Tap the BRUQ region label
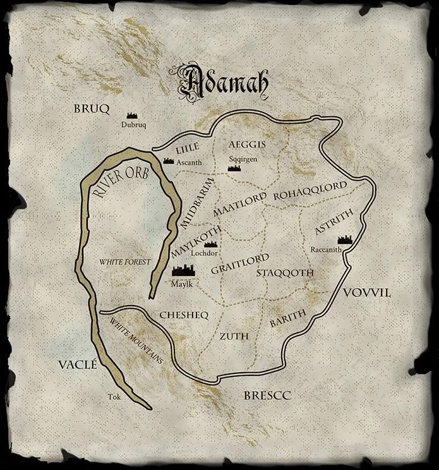click(92, 109)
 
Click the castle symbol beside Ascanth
click(169, 161)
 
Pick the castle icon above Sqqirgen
click(234, 169)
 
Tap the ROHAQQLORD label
click(310, 191)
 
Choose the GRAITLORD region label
click(240, 264)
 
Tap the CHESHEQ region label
click(184, 314)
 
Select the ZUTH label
click(234, 336)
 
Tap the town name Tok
click(114, 397)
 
